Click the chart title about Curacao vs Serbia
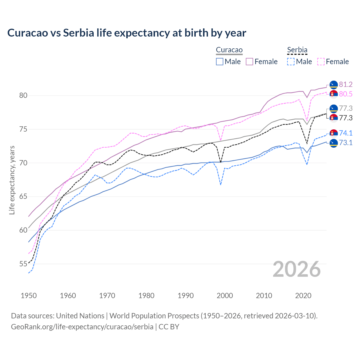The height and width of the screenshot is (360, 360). tap(127, 33)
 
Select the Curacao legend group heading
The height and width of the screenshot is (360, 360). tap(229, 50)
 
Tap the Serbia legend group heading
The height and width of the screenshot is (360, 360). tap(297, 50)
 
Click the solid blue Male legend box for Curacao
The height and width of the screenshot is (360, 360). tap(220, 62)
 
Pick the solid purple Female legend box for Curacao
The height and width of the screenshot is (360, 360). tap(249, 62)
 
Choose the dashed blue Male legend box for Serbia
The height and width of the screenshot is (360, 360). tap(291, 62)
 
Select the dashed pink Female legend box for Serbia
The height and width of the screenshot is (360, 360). tap(321, 62)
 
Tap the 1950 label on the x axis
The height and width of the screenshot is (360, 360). tap(29, 296)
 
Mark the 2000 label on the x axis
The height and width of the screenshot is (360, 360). tap(225, 296)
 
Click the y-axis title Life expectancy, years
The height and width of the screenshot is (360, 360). tap(12, 180)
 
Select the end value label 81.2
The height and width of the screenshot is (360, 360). tap(346, 84)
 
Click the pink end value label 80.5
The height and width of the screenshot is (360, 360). tap(346, 94)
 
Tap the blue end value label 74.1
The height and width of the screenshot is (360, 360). tap(346, 133)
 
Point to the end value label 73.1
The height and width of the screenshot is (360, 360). tap(346, 143)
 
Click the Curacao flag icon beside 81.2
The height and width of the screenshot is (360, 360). tap(334, 84)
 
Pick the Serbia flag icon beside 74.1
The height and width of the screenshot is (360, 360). tap(334, 133)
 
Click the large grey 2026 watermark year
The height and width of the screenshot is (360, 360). tap(296, 269)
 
